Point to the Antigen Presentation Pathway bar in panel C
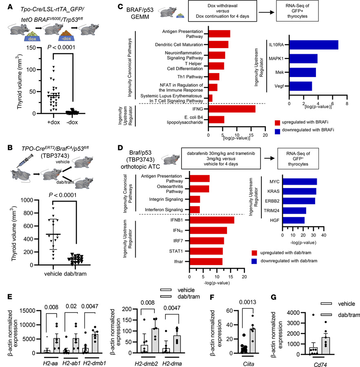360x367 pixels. tap(219, 33)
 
